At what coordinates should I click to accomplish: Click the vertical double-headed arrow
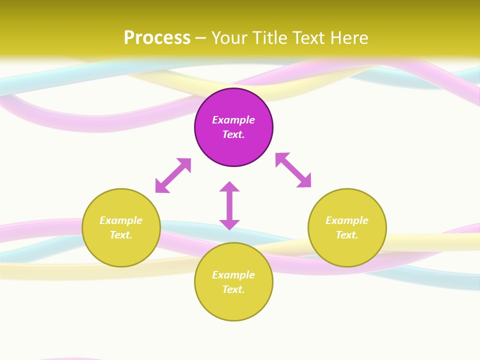[229, 205]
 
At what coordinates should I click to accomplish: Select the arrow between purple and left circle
[173, 175]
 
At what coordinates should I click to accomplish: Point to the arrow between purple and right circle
[293, 170]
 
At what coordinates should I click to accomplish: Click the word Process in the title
[157, 38]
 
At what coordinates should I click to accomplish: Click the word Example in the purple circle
[233, 120]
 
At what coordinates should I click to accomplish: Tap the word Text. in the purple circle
[233, 134]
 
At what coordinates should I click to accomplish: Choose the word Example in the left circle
[121, 220]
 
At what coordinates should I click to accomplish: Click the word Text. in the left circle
[121, 235]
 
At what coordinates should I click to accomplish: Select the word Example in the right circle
[347, 220]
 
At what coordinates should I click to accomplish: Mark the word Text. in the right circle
[347, 235]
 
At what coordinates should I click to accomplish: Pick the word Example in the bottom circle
[233, 275]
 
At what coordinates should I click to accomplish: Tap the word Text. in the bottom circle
[233, 289]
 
